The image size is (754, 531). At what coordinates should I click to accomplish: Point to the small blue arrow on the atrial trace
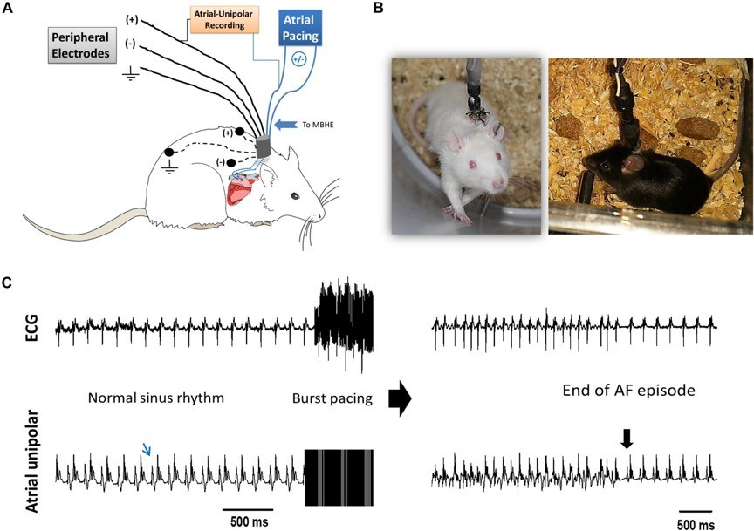coord(149,449)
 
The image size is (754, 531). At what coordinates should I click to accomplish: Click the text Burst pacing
coord(332,398)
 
